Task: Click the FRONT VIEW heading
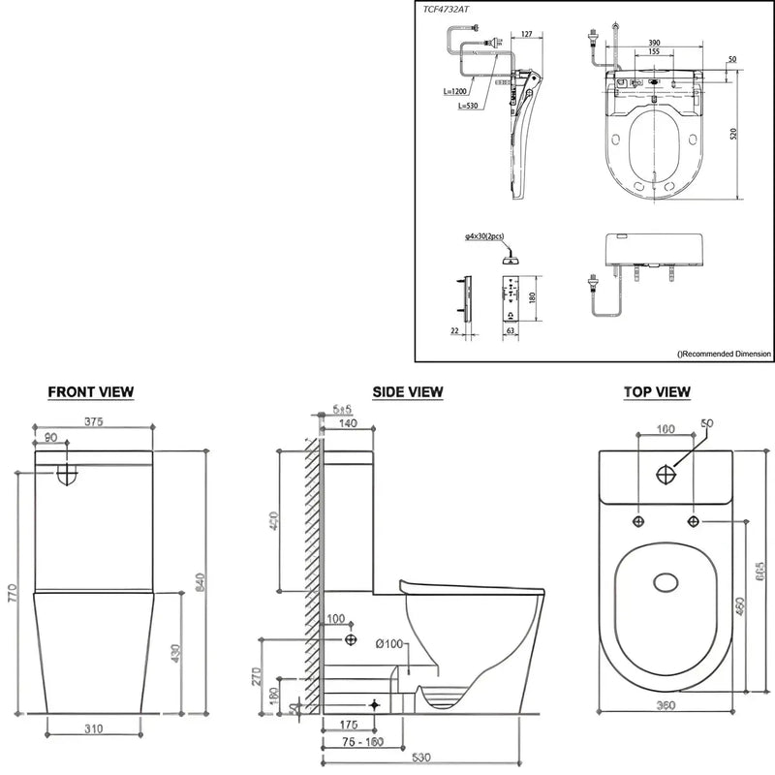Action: click(91, 391)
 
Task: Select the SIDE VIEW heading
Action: click(407, 391)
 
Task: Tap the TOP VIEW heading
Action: click(657, 391)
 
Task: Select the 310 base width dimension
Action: click(93, 728)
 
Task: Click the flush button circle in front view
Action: click(66, 474)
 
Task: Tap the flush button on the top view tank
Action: click(666, 475)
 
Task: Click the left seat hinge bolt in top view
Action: click(638, 522)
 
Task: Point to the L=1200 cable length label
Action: click(451, 92)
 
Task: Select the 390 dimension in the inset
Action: click(655, 44)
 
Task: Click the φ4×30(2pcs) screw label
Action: click(484, 235)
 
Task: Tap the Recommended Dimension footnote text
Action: click(725, 355)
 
